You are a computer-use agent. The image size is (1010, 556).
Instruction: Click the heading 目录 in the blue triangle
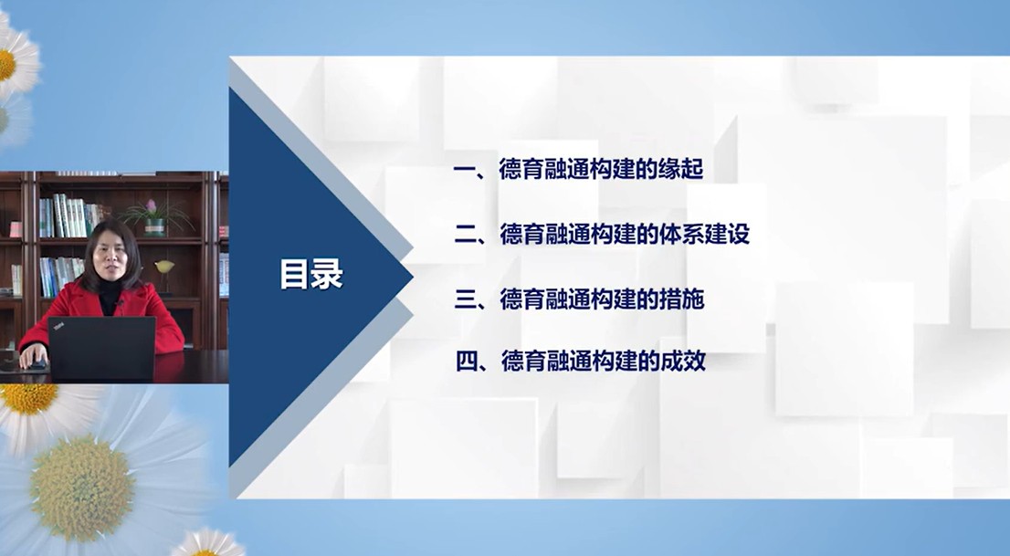tap(311, 275)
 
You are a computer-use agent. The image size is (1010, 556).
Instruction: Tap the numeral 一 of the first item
tap(465, 170)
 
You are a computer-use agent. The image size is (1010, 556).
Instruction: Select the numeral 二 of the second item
tap(465, 235)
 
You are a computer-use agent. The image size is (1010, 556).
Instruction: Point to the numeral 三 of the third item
tap(465, 299)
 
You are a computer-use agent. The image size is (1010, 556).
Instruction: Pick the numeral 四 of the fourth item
tap(467, 362)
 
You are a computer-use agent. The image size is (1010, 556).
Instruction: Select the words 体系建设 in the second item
tap(705, 234)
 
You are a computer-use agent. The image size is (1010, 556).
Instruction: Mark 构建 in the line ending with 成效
tap(615, 362)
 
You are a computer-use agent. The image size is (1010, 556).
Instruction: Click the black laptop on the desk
tap(101, 348)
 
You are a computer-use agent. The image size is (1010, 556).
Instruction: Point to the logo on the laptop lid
tap(58, 327)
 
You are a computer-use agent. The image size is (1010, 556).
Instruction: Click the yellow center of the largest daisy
tap(82, 488)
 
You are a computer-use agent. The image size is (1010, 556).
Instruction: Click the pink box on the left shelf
tap(16, 229)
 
